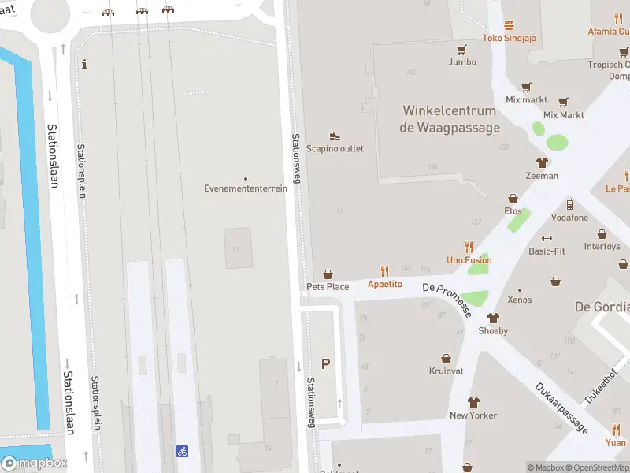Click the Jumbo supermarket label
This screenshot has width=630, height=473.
462,61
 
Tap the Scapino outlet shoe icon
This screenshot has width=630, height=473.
335,136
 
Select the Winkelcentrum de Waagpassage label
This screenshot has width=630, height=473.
450,119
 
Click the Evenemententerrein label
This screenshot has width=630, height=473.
246,188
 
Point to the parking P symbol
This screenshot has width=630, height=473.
325,363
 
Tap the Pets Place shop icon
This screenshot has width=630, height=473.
328,274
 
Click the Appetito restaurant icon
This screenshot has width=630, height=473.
385,270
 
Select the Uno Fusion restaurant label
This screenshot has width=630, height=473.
469,260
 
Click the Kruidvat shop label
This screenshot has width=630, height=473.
446,371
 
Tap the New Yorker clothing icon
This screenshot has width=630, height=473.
473,402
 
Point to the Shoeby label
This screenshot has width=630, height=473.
493,331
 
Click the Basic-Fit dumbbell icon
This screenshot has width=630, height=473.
547,239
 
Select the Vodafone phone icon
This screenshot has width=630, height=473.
569,205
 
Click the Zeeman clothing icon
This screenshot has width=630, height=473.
542,163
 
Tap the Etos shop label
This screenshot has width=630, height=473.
513,211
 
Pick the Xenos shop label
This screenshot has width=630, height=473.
520,300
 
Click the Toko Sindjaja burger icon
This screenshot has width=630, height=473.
509,25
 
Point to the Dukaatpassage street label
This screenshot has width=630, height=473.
561,408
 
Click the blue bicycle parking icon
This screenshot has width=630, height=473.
182,451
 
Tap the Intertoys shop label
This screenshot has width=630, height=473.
602,247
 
